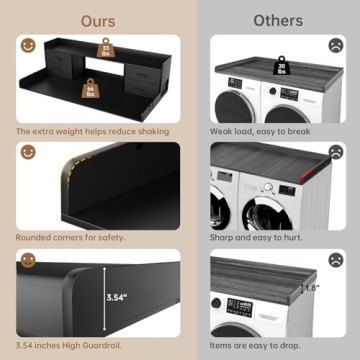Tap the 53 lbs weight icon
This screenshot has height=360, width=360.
click(x=104, y=51)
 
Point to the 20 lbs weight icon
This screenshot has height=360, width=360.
click(x=282, y=68)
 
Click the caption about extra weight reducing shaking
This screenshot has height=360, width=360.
click(x=91, y=130)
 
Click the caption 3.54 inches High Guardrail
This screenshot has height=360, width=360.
click(x=71, y=345)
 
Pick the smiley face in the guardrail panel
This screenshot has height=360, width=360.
click(x=26, y=262)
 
